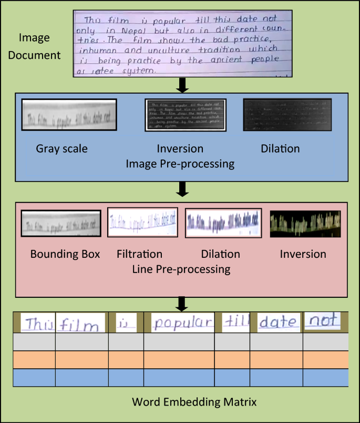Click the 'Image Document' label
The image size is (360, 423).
(x=40, y=46)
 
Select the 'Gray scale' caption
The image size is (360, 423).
(x=61, y=149)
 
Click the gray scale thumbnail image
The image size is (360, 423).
(x=69, y=115)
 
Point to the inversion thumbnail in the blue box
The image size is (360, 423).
(x=185, y=115)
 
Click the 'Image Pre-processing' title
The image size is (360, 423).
(x=180, y=164)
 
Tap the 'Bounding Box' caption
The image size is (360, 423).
(x=65, y=254)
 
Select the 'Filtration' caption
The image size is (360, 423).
(x=139, y=254)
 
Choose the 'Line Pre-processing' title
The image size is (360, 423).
(x=181, y=269)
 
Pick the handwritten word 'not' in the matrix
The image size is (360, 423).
(x=322, y=320)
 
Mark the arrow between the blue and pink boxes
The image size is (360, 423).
(x=181, y=189)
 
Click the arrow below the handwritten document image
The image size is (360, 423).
(x=181, y=84)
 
